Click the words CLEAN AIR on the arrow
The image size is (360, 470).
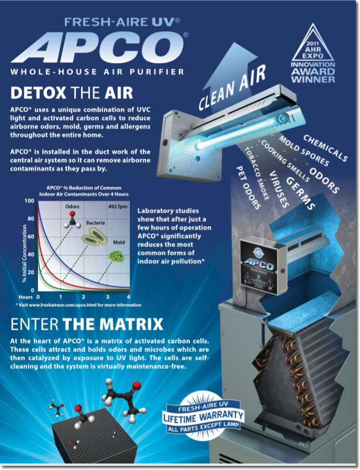coord(232,87)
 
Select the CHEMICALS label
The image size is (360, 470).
coord(326,148)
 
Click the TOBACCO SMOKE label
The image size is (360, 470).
coord(256,173)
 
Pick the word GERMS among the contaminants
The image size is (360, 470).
coord(300,193)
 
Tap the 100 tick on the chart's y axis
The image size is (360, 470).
coord(30,201)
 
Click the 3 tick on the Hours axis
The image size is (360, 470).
coord(107,297)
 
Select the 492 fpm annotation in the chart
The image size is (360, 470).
coord(118,206)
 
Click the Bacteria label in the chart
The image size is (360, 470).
coord(95,223)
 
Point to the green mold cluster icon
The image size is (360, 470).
coord(116,256)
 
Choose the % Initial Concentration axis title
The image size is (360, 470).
coord(24,253)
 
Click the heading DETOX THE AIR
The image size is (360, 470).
coord(72,93)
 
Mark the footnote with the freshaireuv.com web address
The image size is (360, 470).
coord(79,305)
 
